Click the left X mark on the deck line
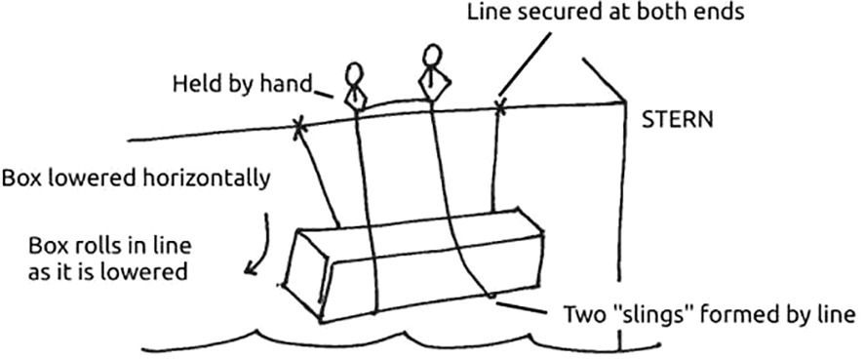299,125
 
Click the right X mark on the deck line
501,104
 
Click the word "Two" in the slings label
583,315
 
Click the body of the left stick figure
357,99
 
